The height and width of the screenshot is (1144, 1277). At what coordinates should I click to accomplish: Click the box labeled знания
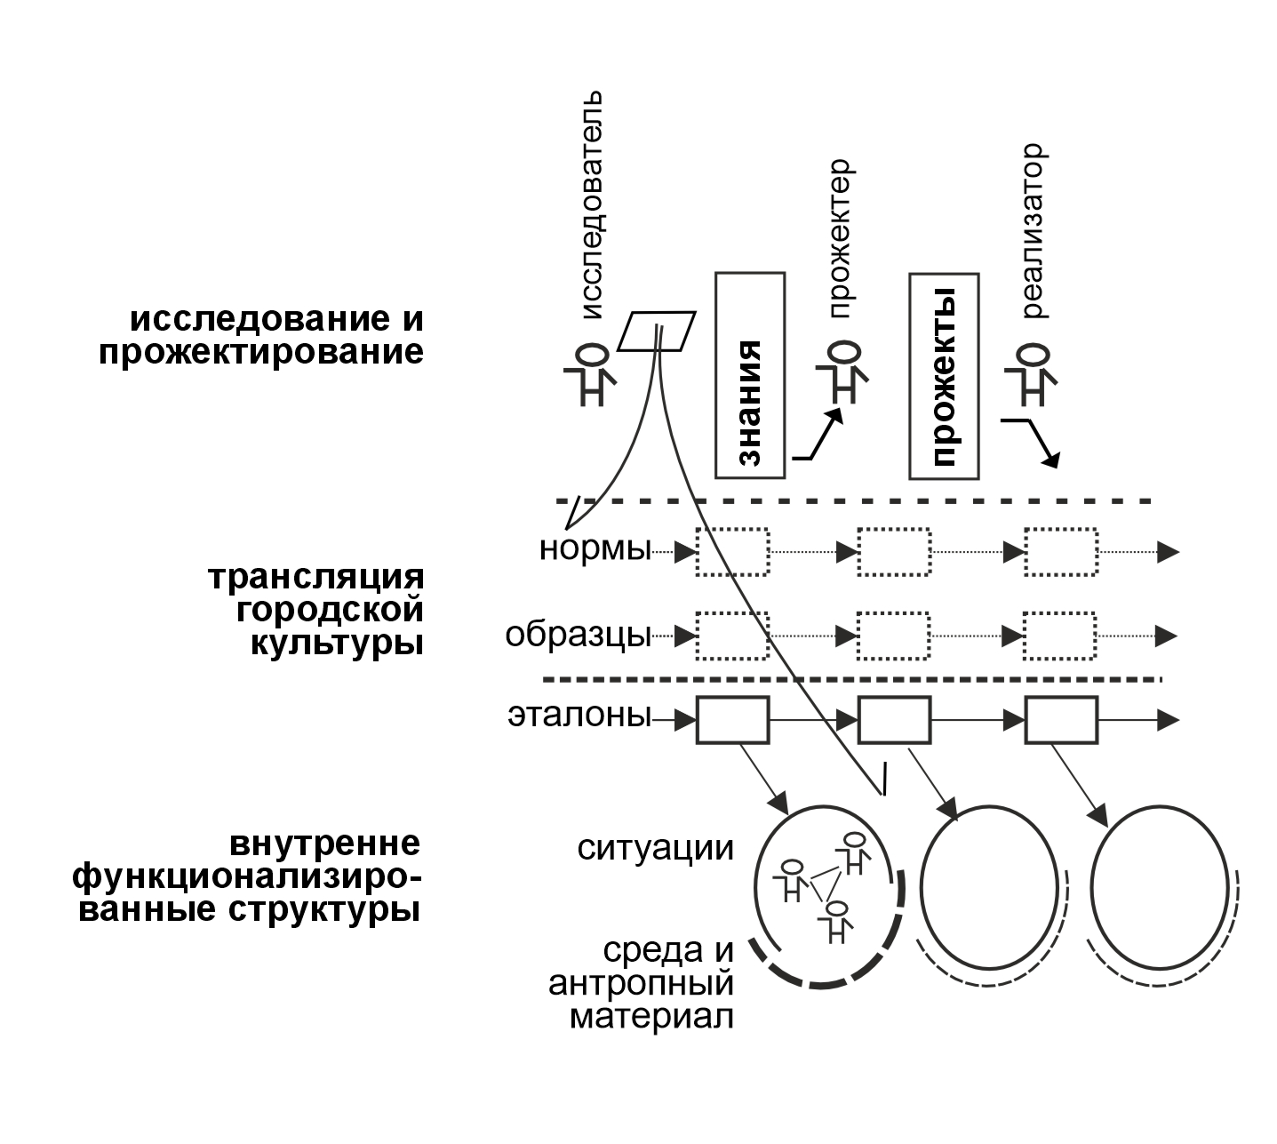[750, 375]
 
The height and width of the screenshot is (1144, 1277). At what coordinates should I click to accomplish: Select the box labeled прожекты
[943, 376]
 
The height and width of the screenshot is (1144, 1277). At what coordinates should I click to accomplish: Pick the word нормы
[595, 549]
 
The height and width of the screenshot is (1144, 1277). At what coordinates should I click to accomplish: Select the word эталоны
[579, 716]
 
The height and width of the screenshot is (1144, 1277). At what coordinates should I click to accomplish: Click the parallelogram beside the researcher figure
[658, 332]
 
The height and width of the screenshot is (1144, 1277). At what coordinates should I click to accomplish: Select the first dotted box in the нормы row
[732, 552]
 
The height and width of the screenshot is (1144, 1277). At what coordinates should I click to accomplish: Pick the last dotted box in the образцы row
[1060, 636]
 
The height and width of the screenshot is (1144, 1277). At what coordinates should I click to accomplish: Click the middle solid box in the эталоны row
[894, 720]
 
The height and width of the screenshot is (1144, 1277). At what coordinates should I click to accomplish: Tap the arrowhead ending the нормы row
[1168, 552]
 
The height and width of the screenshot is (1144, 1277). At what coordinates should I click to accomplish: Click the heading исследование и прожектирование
[261, 336]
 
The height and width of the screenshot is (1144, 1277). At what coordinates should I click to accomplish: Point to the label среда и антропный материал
[642, 983]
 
